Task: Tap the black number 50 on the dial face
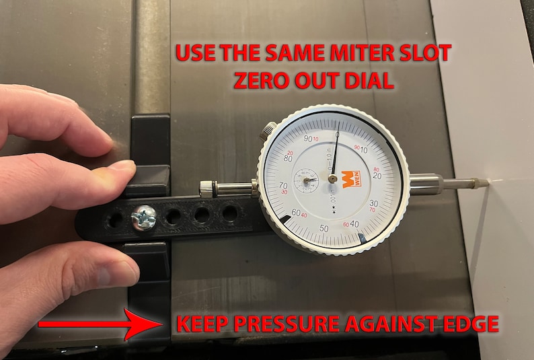tap(325, 228)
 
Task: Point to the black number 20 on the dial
tap(375, 175)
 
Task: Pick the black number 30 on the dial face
tap(374, 203)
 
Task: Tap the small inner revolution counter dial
tap(307, 180)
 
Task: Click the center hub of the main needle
tap(333, 179)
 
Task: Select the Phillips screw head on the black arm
tap(144, 217)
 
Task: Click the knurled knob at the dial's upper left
tap(270, 128)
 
